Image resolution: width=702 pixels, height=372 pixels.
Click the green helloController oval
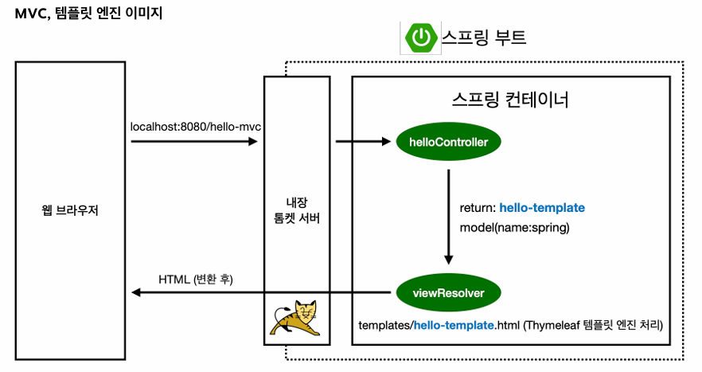449,142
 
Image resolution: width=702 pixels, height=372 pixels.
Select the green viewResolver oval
449,292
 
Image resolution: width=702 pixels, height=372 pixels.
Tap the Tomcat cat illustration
295,318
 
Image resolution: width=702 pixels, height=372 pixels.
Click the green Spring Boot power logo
421,37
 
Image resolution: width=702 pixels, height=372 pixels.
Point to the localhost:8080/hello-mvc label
196,127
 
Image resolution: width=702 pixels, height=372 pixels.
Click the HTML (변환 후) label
196,280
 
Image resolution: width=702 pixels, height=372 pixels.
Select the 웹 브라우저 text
70,209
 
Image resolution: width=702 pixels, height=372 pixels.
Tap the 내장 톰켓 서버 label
297,210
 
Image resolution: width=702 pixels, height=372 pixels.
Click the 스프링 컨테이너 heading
510,99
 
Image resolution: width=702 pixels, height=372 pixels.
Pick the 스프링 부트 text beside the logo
484,37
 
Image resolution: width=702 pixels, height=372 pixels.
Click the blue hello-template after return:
542,208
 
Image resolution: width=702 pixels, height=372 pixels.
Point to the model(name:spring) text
514,228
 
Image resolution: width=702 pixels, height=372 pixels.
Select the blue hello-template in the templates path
454,325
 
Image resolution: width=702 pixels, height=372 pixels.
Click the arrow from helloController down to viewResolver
449,217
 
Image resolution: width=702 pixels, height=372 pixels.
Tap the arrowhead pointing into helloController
386,142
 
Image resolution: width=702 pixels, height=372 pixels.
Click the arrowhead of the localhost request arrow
253,142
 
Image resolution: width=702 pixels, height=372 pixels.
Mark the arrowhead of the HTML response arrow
136,292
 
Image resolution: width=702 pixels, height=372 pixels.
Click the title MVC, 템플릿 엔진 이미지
88,13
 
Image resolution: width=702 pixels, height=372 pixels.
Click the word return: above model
478,208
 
